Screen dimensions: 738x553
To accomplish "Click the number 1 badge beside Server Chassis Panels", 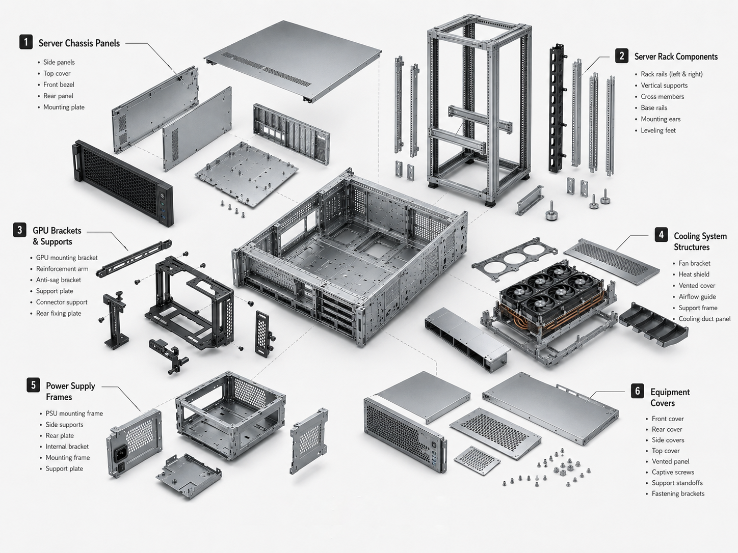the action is pos(26,42).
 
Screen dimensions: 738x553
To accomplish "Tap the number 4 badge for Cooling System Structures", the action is pos(661,235).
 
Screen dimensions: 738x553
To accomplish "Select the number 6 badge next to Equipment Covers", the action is pos(637,391).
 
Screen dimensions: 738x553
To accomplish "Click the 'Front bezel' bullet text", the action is pos(59,85).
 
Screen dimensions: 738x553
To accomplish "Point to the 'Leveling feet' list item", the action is pos(658,130).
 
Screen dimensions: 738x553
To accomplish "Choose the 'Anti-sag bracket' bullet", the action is pos(59,280).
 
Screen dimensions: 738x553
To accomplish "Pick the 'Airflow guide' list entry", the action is pos(697,296).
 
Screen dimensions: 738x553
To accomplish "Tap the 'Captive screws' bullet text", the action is pos(673,472).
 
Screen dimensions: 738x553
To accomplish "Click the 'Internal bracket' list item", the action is pos(67,446).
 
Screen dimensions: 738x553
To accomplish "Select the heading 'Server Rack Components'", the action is pos(676,57).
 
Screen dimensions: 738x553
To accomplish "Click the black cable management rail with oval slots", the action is pos(557,108).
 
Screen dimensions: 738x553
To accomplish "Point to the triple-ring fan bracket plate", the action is pos(514,259).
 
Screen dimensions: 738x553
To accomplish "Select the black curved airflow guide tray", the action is pos(653,325).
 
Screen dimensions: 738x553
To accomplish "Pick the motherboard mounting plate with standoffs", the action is pos(247,174).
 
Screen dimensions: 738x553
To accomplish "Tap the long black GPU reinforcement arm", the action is pos(134,258).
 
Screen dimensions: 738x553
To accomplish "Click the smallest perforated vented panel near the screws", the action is pos(477,460).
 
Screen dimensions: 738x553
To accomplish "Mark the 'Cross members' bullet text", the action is pos(663,97).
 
